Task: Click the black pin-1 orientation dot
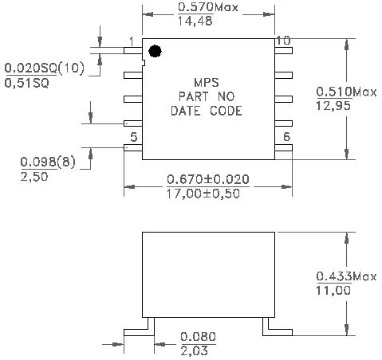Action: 155,51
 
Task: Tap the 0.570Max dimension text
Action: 207,7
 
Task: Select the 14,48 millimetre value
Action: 195,21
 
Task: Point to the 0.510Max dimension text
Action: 346,92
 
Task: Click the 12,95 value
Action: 333,106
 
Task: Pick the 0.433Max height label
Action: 346,276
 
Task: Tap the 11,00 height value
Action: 333,290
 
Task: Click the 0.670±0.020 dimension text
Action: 208,179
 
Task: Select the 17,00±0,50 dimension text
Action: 203,194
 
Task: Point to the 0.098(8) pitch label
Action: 48,162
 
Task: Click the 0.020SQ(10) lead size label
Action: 44,68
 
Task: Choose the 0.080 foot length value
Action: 198,337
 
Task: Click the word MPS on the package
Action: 207,83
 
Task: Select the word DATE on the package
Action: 185,111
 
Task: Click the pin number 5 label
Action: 134,137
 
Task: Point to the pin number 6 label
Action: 286,137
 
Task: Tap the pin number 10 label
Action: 283,41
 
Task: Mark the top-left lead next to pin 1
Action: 133,50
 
